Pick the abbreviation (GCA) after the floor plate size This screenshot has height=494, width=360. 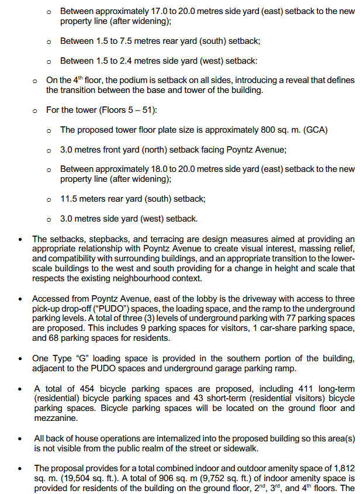pos(317,130)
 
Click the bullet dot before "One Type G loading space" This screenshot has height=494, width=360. pos(21,358)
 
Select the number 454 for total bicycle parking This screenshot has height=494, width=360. pos(79,388)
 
